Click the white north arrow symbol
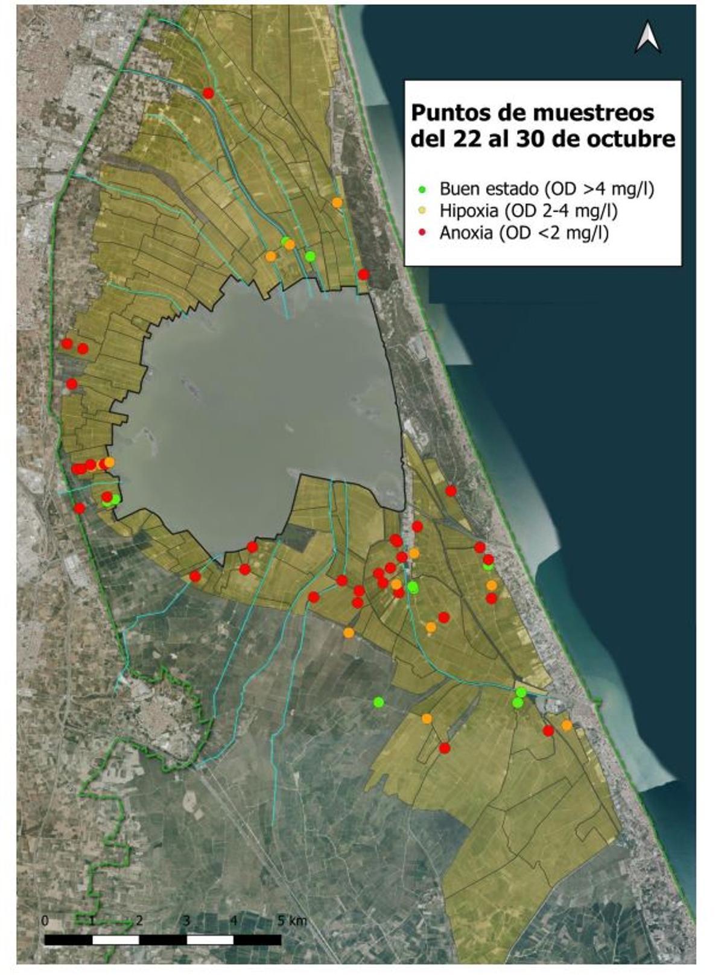pos(648,37)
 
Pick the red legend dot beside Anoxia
pos(423,233)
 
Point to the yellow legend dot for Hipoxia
pos(423,211)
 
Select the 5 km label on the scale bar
pos(293,921)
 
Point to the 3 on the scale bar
pos(186,921)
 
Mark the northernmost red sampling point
pos(209,93)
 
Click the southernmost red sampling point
pos(445,748)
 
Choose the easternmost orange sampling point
pos(567,726)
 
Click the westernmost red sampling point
pos(67,344)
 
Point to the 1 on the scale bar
pos(92,921)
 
